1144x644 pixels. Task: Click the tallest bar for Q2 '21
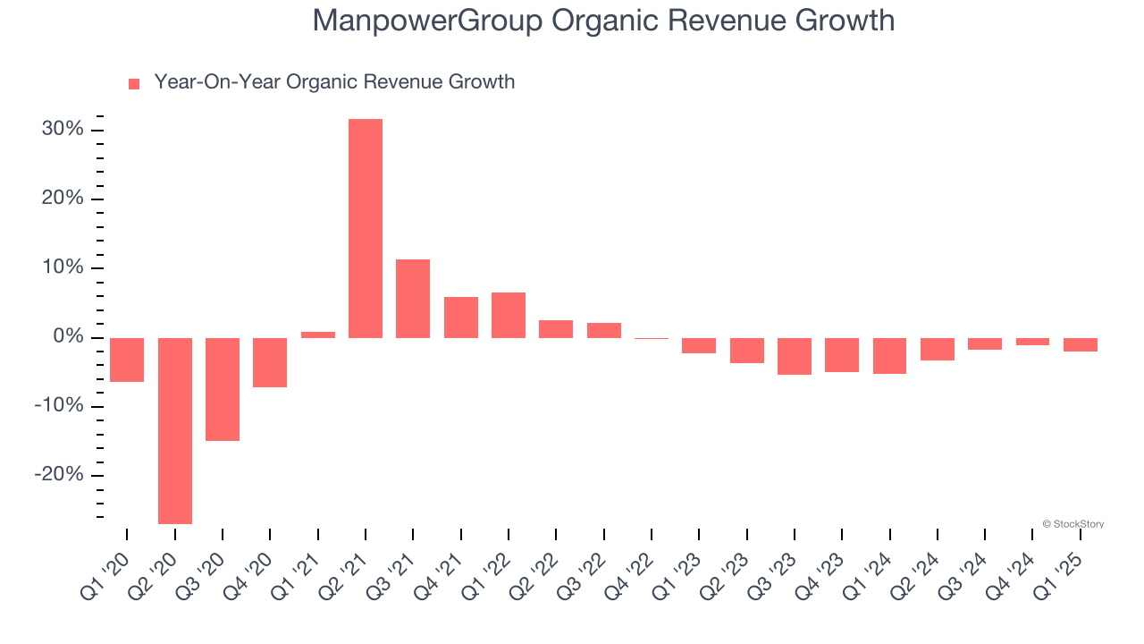(366, 228)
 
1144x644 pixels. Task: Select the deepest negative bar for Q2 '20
(175, 430)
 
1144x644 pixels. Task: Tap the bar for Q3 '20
(223, 389)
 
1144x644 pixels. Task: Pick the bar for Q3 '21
(413, 298)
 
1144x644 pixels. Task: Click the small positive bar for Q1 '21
(318, 335)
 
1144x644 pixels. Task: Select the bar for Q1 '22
(509, 315)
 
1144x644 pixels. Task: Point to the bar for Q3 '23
(795, 356)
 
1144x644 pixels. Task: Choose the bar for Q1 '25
(1081, 344)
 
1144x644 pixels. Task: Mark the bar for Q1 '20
(127, 360)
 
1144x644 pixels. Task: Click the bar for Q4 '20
(270, 362)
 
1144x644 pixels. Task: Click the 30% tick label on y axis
(63, 130)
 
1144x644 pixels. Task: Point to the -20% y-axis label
(59, 475)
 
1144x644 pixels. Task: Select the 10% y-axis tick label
(63, 268)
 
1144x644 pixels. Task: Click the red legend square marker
(134, 84)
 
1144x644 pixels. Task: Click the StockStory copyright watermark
(1072, 524)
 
